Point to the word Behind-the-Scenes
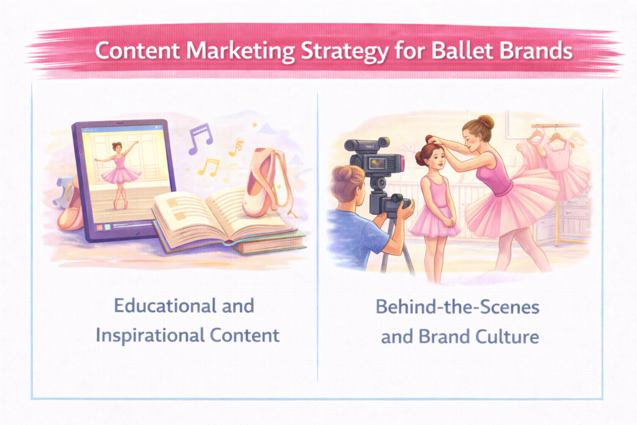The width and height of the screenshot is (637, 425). [x=457, y=307]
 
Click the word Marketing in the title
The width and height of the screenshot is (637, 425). [x=241, y=52]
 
